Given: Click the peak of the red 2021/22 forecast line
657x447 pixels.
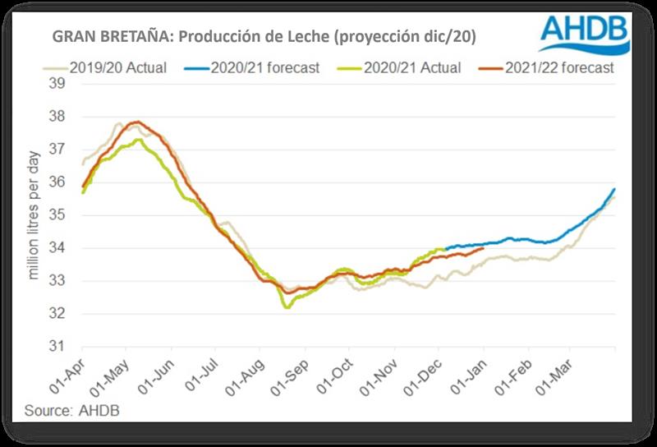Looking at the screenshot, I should (136, 122).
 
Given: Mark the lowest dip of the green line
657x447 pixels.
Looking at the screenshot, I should (287, 307).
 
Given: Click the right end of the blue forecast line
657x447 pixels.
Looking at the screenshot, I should (614, 190).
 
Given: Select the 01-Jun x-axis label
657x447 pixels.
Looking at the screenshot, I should (161, 377).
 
